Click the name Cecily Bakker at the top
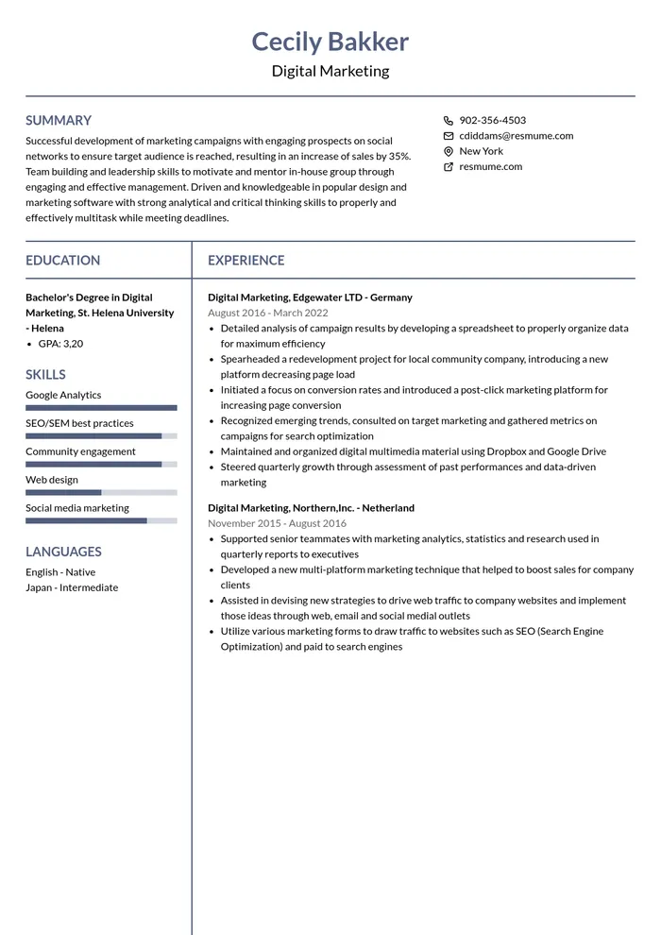[x=330, y=42]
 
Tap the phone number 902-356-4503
[x=492, y=120]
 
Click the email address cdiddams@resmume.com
[x=516, y=135]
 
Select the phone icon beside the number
[x=448, y=120]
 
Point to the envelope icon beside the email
[x=448, y=136]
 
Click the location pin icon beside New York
[x=448, y=151]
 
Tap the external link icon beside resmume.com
[x=448, y=167]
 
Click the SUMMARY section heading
[x=59, y=120]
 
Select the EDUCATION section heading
[x=62, y=260]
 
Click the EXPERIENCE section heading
[x=246, y=260]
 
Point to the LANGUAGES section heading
[x=63, y=552]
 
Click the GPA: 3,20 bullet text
[x=60, y=344]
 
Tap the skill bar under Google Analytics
[x=101, y=408]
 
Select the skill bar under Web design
[x=101, y=492]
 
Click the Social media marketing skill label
[x=77, y=508]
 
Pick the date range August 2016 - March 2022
[x=268, y=313]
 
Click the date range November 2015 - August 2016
[x=277, y=523]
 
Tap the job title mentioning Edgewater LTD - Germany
[x=310, y=297]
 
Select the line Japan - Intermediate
[x=72, y=587]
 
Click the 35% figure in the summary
[x=399, y=156]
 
